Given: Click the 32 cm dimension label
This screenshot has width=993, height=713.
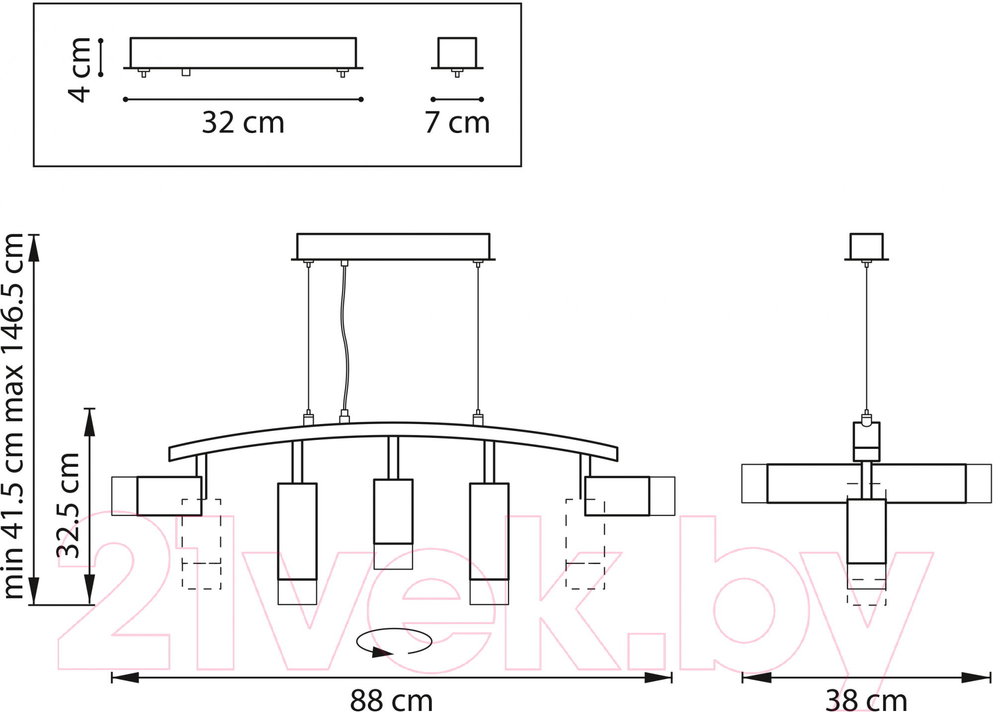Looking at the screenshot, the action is pos(243,123).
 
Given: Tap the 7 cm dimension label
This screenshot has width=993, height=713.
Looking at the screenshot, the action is pos(457,123).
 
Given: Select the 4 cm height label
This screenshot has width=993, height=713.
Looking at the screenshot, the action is pos(79,70).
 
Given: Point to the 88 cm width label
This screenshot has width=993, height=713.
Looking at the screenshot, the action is pos(391,701).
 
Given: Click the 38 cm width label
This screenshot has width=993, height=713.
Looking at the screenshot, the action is pos(866,701).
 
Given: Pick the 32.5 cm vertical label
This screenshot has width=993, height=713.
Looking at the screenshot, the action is pos(68,505).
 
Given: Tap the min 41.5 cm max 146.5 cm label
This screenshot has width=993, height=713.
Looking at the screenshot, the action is pos(13,416).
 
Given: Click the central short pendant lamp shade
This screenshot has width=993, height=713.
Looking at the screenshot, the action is pos(393,524).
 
